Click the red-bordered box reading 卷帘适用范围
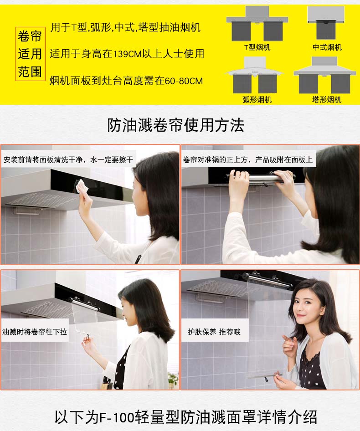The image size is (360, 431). tap(30, 54)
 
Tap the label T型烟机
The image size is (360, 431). tap(257, 47)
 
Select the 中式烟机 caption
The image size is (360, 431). tap(327, 47)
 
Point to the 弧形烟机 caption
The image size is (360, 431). tap(257, 99)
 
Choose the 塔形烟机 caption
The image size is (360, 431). tap(327, 99)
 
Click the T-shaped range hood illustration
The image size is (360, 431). tap(257, 24)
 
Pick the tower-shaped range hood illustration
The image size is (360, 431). tap(325, 75)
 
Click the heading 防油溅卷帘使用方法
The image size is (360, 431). tap(176, 125)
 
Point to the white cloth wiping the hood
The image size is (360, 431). tap(82, 186)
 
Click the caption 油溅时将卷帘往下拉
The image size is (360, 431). tap(35, 332)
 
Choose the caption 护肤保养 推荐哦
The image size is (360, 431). tap(214, 332)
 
